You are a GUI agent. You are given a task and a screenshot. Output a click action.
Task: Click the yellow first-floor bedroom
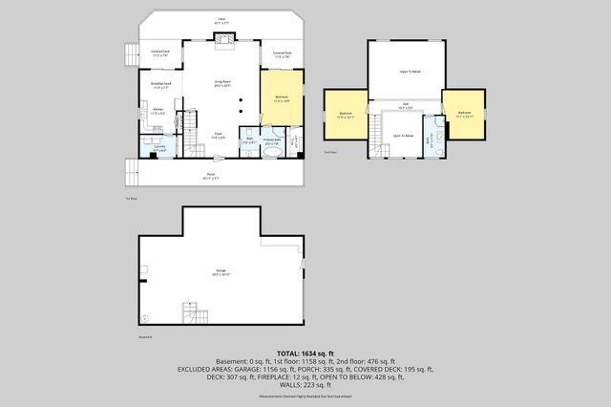283,97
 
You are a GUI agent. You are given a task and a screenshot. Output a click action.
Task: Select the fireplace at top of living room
223,38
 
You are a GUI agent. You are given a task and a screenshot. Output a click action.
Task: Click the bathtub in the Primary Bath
272,151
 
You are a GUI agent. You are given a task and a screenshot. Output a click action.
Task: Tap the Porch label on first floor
211,176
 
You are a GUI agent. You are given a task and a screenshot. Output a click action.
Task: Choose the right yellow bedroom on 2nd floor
464,114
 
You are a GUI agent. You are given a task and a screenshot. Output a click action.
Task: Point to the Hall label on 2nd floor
405,105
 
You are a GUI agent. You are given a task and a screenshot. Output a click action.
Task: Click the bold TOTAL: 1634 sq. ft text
305,353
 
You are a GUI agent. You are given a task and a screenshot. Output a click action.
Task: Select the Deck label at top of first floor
221,18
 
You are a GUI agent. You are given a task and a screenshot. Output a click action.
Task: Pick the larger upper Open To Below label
411,72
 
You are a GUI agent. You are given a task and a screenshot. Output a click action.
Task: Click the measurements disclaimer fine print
305,395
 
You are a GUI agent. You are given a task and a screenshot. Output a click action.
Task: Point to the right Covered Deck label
282,54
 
